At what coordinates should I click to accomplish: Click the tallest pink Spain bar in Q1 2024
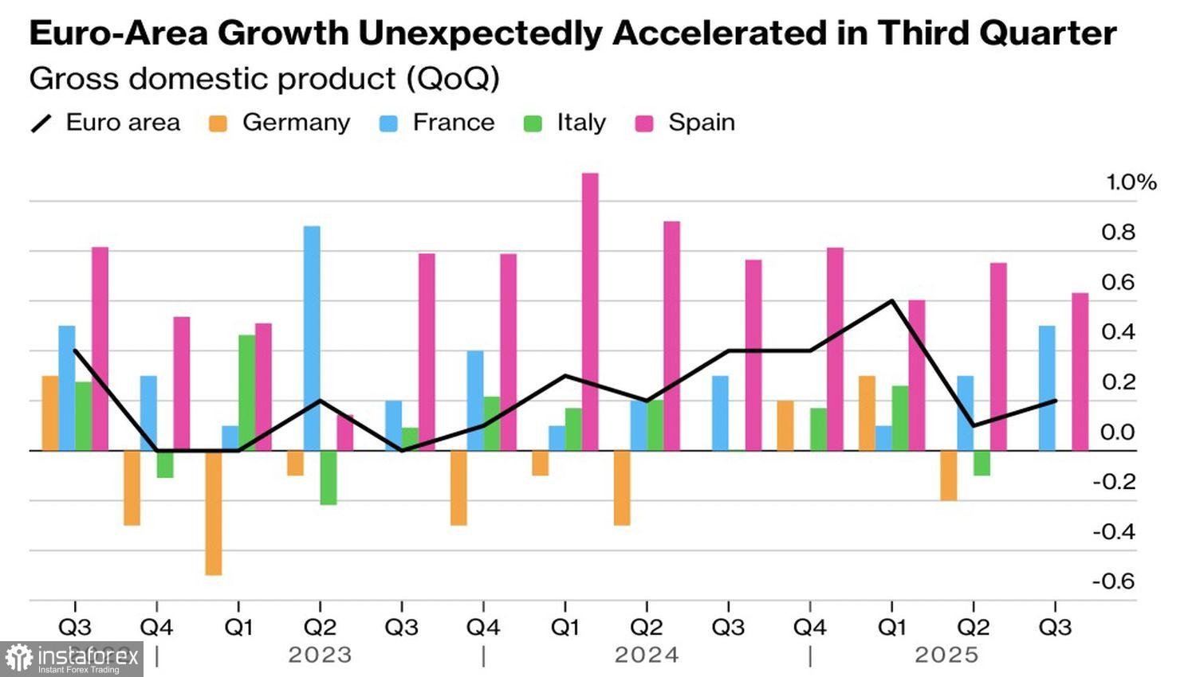tap(590, 311)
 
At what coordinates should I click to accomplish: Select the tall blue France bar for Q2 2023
tap(312, 338)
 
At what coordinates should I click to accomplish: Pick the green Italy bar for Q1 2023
tap(246, 393)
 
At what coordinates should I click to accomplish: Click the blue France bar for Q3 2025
tap(1047, 388)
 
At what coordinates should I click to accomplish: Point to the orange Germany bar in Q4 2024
tap(785, 425)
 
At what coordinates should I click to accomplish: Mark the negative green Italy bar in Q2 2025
tap(982, 463)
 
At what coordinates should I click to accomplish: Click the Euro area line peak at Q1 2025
tap(891, 301)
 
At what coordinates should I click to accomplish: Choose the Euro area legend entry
tap(106, 123)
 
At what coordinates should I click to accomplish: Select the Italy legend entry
tap(565, 123)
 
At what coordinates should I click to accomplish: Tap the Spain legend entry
tap(685, 123)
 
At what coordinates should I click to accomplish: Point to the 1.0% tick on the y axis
tap(1130, 182)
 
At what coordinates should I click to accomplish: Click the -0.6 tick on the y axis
tap(1113, 581)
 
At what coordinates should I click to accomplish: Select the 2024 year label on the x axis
tap(647, 655)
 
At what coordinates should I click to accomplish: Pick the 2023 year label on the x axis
tap(320, 655)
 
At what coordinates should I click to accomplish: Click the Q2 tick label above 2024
tap(647, 628)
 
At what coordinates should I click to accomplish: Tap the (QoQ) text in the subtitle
tap(452, 79)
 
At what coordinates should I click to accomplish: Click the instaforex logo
tap(72, 659)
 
